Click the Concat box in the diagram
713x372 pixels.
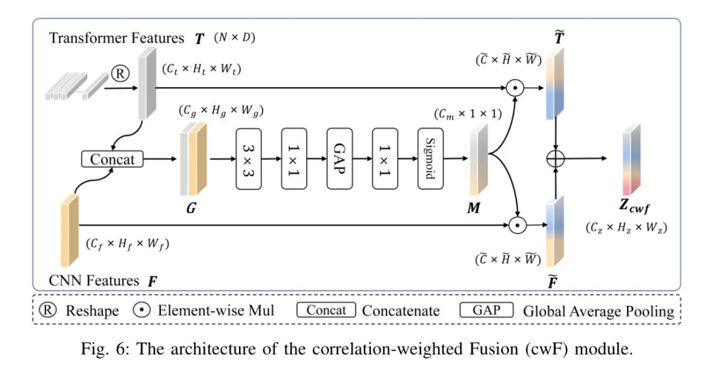(x=112, y=159)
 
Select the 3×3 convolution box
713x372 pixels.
(x=248, y=158)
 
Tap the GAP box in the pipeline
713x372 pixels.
(x=339, y=158)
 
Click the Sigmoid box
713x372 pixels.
(x=430, y=158)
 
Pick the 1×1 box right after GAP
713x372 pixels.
(x=385, y=158)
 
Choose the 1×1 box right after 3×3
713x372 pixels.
(x=294, y=158)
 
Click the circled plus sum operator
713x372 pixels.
(x=555, y=158)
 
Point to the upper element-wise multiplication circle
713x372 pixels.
(x=515, y=88)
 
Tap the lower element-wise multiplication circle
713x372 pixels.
(x=517, y=226)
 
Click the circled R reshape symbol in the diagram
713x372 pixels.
(x=121, y=74)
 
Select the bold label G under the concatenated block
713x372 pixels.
(x=191, y=208)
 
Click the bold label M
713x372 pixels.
(x=473, y=208)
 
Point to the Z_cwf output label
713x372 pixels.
(x=634, y=206)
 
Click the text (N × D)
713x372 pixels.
(x=234, y=37)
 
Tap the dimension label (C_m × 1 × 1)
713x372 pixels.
(x=468, y=113)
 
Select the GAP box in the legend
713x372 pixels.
(x=486, y=310)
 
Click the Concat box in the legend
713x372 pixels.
(x=326, y=310)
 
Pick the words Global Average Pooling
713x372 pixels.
(x=598, y=311)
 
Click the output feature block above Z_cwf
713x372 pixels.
(x=631, y=159)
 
